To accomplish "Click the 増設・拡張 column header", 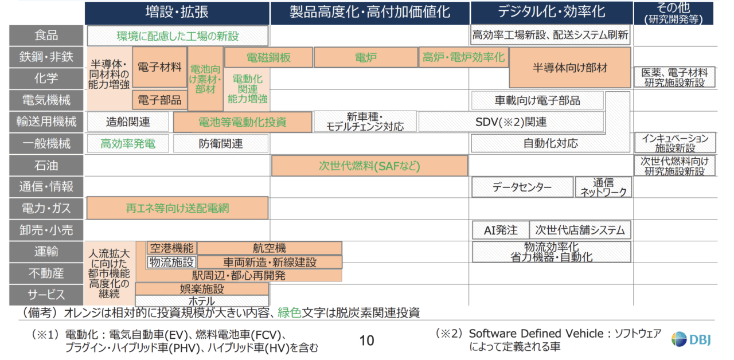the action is pyautogui.click(x=177, y=13).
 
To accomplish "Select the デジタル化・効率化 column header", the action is pyautogui.click(x=552, y=13).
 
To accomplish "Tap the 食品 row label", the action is pyautogui.click(x=46, y=36).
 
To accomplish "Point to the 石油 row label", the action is pyautogui.click(x=46, y=166).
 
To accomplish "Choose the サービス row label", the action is pyautogui.click(x=46, y=295).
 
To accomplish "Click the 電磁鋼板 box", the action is pyautogui.click(x=268, y=58).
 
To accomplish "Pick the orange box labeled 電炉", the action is pyautogui.click(x=366, y=58).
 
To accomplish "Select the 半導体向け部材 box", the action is pyautogui.click(x=570, y=68).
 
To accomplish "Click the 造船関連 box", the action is pyautogui.click(x=128, y=122).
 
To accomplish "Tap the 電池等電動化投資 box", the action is pyautogui.click(x=243, y=122).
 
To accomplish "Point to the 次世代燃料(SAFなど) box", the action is pyautogui.click(x=369, y=166).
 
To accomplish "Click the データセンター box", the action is pyautogui.click(x=522, y=187).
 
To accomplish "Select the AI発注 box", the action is pyautogui.click(x=501, y=230).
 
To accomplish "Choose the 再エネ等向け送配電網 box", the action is pyautogui.click(x=177, y=208).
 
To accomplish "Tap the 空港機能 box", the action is pyautogui.click(x=171, y=248).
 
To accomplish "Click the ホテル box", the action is pyautogui.click(x=202, y=301).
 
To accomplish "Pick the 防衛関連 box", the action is pyautogui.click(x=221, y=143).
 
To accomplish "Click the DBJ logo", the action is pyautogui.click(x=691, y=339).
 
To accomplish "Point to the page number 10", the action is pyautogui.click(x=366, y=341).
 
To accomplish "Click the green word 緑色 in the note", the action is pyautogui.click(x=290, y=313).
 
